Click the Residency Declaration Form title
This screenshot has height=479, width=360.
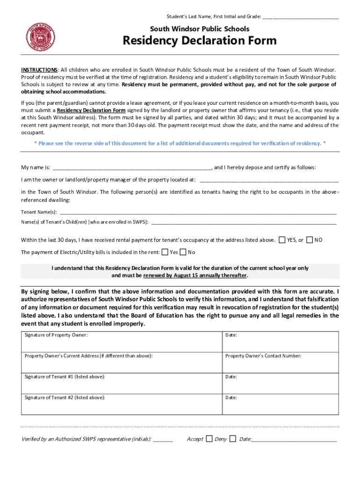coord(199,41)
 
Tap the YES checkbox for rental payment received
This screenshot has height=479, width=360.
coord(282,240)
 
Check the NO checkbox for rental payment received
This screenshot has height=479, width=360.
coord(310,240)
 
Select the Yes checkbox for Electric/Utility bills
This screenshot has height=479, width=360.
coord(165,252)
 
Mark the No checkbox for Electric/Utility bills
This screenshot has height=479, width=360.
coord(183,252)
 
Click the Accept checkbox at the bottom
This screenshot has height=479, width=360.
coord(209,439)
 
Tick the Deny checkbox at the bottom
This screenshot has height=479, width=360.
coord(233,439)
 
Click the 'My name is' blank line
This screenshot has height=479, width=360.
coord(132,168)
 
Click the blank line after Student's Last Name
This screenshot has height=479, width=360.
coord(300,17)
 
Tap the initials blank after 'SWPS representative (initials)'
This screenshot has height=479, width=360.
coord(163,440)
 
